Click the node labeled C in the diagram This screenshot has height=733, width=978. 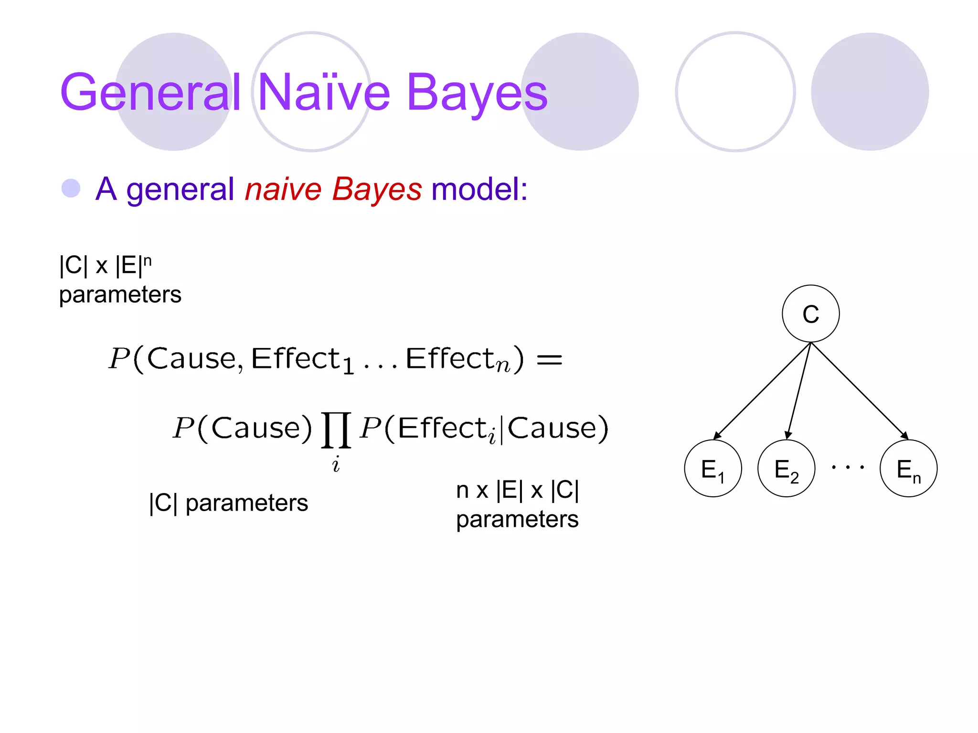tap(810, 314)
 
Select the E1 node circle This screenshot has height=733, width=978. tap(712, 469)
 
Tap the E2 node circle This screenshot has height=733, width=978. tap(786, 469)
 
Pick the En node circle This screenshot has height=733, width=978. tap(908, 469)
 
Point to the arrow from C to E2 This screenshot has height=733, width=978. tap(799, 390)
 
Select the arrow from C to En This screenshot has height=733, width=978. tap(860, 391)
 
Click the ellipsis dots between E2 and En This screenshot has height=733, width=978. tap(848, 467)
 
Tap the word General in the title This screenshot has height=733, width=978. tap(150, 93)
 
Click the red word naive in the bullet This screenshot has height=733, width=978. tap(283, 189)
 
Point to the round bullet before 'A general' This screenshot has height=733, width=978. tap(71, 188)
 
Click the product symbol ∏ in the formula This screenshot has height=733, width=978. tap(336, 430)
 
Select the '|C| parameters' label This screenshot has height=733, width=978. tap(228, 503)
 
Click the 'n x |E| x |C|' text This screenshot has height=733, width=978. tap(517, 490)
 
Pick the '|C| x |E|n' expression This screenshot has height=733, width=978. tap(106, 265)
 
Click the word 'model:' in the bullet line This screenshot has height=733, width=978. tap(479, 189)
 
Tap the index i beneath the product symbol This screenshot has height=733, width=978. tap(336, 464)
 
